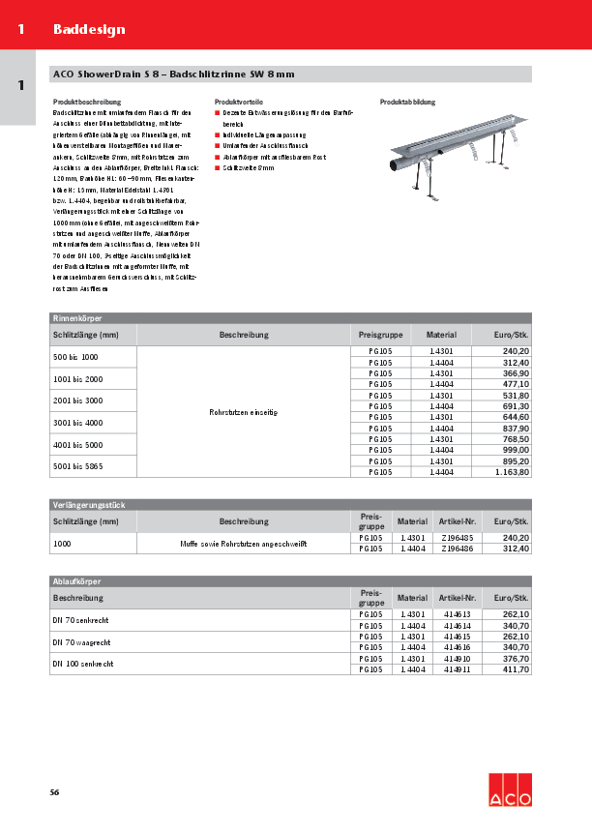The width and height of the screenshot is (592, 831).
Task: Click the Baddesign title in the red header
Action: point(89,30)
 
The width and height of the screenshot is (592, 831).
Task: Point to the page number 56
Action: point(55,792)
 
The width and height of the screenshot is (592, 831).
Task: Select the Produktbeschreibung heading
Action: point(86,102)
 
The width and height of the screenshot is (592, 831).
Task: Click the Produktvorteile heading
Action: point(240,102)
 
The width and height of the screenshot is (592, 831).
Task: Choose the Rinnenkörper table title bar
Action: point(290,317)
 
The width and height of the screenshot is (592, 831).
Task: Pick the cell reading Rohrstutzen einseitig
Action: point(243,412)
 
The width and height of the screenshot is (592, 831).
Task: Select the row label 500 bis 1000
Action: point(74,357)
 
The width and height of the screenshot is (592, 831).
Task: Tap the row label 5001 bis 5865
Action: point(77,466)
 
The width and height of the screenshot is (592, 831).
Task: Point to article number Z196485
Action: point(457,537)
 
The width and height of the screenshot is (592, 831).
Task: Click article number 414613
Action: point(457,614)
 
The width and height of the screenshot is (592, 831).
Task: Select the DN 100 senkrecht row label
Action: point(83,664)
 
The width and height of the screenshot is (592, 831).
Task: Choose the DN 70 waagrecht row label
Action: point(82,641)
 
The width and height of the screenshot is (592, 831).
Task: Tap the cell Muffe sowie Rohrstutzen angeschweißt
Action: point(243,545)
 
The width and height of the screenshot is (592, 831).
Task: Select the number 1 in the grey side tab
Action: point(20,86)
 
